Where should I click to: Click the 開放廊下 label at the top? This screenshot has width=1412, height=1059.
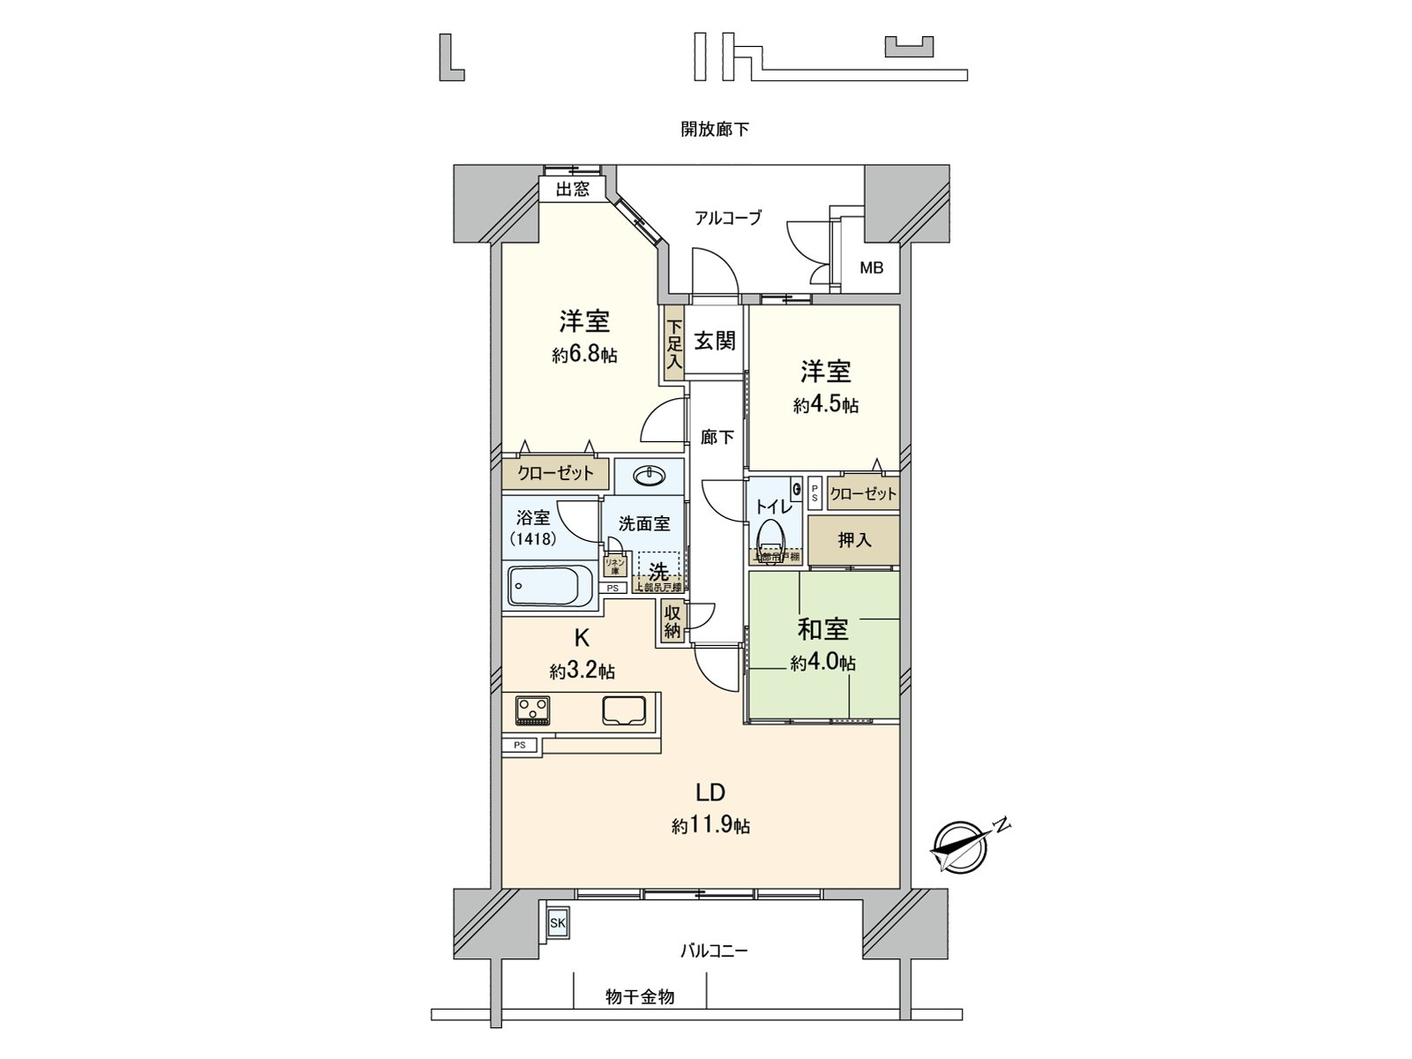715,130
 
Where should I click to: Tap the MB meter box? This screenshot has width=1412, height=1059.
871,267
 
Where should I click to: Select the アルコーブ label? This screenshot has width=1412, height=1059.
728,218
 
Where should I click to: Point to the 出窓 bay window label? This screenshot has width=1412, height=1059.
573,189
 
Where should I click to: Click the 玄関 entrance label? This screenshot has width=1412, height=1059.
714,341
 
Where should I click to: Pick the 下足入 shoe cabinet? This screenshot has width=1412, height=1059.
674,344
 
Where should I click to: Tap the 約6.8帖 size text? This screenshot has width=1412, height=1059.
584,356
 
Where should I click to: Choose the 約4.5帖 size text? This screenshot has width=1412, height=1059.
825,406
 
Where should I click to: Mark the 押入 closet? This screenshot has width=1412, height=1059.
854,540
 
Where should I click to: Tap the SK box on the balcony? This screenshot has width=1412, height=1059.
558,923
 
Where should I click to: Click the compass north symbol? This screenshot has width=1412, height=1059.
957,843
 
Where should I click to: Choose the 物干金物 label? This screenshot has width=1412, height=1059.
640,997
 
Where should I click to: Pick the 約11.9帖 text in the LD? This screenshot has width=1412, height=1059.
710,827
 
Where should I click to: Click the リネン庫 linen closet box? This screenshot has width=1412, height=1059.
615,566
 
